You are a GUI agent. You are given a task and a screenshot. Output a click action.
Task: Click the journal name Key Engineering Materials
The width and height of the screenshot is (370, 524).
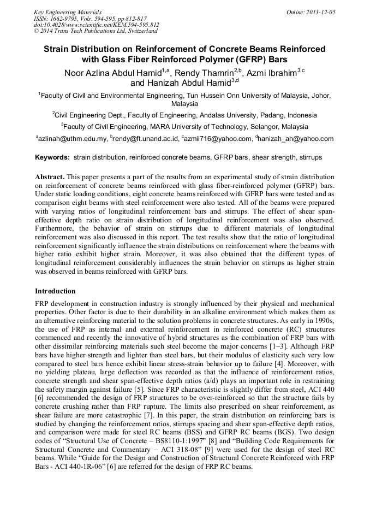pyautogui.click(x=67, y=12)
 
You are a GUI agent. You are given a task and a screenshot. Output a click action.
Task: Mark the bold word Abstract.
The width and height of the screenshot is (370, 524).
pyautogui.click(x=50, y=178)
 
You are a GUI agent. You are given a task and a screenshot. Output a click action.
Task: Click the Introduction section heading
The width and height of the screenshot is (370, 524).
pyautogui.click(x=55, y=291)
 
